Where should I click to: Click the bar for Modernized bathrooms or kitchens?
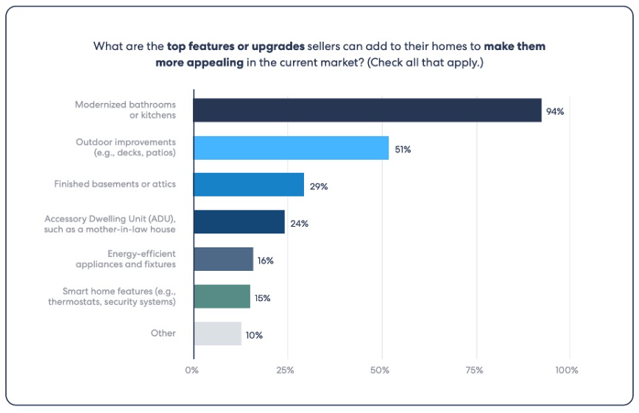(x=367, y=110)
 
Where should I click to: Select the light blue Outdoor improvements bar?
(x=291, y=148)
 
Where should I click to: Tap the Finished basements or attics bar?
(x=249, y=185)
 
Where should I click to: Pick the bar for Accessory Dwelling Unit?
(x=239, y=222)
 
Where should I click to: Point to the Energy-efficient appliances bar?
(x=224, y=259)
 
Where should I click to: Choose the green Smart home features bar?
(x=222, y=297)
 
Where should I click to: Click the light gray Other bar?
(x=218, y=333)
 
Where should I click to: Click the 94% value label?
(x=554, y=112)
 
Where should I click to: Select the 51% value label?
(x=402, y=149)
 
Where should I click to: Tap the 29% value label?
(x=319, y=186)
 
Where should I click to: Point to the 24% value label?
(x=299, y=223)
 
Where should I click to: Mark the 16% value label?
(x=266, y=261)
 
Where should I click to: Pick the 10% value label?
(x=254, y=335)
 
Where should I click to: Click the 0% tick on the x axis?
(x=192, y=370)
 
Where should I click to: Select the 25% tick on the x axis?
(x=286, y=370)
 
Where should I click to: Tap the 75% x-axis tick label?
(x=475, y=370)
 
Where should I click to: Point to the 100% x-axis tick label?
(x=568, y=370)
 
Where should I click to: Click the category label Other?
(x=163, y=333)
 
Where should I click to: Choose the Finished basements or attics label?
(x=115, y=184)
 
